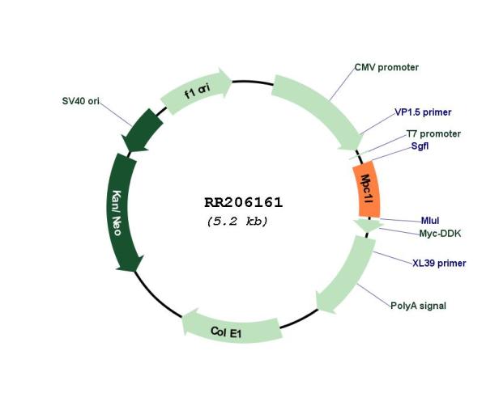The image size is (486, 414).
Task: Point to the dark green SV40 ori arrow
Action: pos(142,131)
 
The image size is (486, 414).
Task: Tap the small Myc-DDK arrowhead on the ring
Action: pos(367,225)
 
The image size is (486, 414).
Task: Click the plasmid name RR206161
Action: pos(243,203)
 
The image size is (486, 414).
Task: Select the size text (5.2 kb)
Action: pos(237,222)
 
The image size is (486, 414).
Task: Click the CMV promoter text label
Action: pos(386,67)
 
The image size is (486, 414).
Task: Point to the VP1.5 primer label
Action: pos(423,112)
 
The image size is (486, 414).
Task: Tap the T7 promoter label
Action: pos(433,134)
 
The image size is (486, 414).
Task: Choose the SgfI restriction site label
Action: pos(420,146)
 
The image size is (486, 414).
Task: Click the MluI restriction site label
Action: pos(430,221)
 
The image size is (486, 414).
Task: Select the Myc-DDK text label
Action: pos(440,234)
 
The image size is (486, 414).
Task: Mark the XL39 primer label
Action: pos(439,264)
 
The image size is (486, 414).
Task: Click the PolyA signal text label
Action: pos(418,306)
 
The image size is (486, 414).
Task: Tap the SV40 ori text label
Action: pos(80,101)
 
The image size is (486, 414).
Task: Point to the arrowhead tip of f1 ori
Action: pos(232,81)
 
